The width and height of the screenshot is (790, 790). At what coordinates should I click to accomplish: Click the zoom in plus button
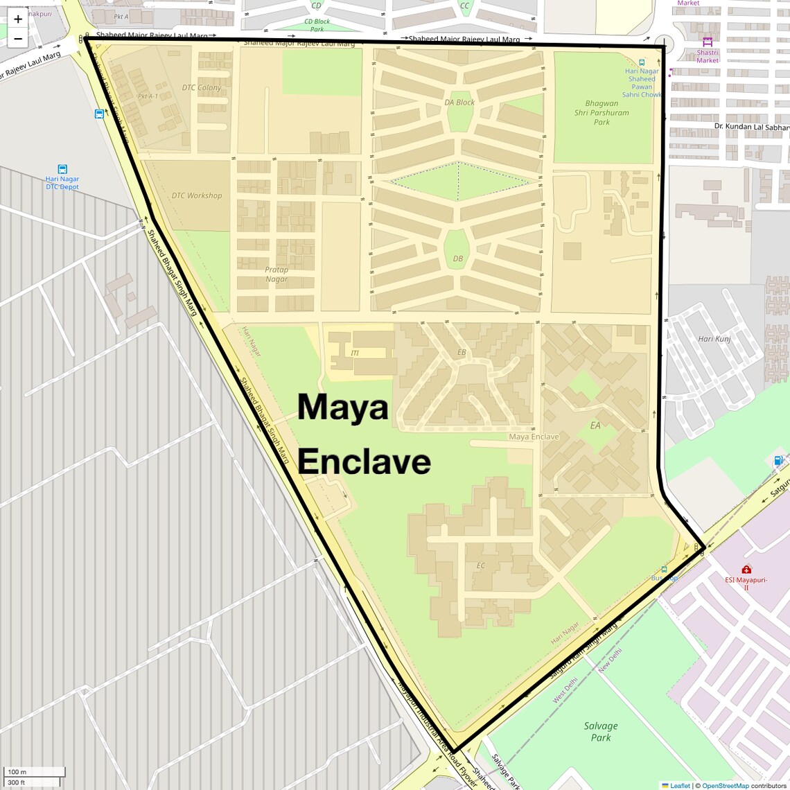[18, 19]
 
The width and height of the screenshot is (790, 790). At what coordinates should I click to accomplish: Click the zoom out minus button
[18, 39]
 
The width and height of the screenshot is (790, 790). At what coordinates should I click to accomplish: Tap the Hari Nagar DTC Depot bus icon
[62, 169]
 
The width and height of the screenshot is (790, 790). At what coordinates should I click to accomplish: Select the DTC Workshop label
[197, 195]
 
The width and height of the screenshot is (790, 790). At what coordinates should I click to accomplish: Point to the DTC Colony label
[202, 87]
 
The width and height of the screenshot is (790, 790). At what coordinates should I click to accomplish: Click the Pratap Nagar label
[276, 274]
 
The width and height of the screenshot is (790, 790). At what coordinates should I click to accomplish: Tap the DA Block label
[459, 103]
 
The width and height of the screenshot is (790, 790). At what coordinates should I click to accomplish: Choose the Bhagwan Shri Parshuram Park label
[602, 112]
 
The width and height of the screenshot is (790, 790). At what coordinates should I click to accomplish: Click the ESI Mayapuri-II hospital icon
[746, 570]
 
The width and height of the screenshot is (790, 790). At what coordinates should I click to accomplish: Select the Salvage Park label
[601, 731]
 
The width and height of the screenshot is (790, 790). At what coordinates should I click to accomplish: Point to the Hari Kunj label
[714, 339]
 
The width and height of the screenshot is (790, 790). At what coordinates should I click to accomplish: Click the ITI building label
[355, 353]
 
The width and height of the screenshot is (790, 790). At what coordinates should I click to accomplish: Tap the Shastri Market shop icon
[708, 42]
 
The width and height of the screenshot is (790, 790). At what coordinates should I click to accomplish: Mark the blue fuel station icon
[778, 461]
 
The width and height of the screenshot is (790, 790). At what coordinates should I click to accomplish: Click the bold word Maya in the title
[343, 407]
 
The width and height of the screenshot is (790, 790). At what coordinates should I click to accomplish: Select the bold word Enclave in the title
[365, 462]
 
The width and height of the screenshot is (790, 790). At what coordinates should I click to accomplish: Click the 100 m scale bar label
[17, 772]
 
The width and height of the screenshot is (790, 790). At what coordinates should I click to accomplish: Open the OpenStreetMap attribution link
[725, 786]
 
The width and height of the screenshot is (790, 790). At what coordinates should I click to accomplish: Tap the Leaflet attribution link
[680, 786]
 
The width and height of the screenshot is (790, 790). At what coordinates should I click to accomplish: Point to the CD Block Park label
[317, 25]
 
